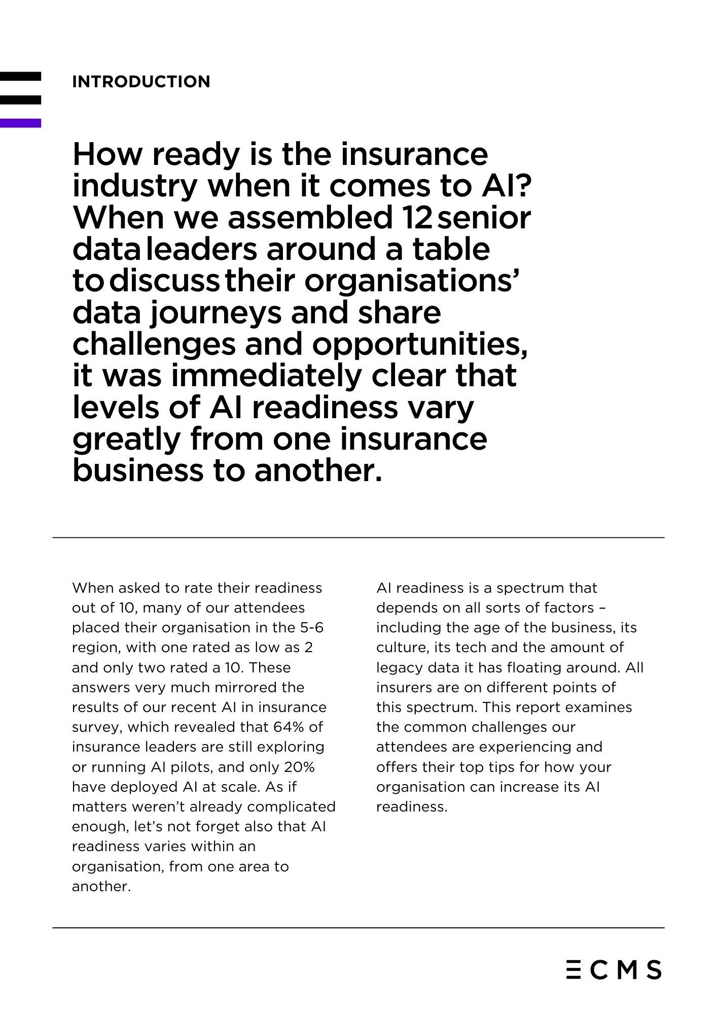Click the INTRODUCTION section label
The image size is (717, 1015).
point(141,82)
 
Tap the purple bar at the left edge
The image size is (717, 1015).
point(20,123)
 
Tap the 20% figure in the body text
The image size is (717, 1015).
point(299,767)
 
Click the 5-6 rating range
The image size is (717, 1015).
point(311,628)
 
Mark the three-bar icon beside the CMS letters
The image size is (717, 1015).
point(573,969)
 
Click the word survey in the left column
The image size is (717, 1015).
point(97,727)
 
